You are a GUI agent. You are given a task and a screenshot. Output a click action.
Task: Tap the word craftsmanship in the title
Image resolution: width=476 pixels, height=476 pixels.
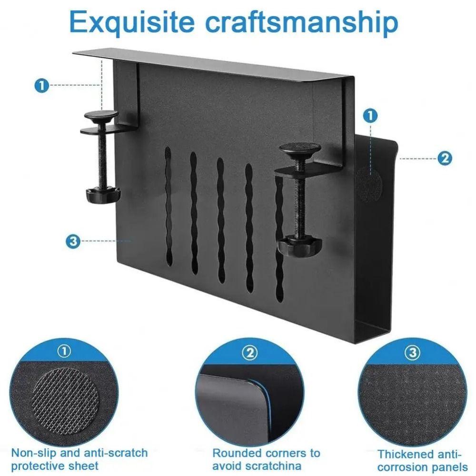(302, 21)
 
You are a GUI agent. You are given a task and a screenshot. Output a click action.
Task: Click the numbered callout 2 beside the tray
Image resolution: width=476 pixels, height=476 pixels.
(444, 158)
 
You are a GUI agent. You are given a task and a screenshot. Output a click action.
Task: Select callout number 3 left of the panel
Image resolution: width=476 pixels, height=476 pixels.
(72, 241)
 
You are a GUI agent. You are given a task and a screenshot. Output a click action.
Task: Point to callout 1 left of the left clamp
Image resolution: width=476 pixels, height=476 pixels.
(42, 86)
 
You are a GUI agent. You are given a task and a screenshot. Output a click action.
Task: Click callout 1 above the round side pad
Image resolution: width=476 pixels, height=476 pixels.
(370, 115)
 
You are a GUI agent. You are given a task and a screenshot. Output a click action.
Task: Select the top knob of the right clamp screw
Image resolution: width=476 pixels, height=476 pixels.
(299, 149)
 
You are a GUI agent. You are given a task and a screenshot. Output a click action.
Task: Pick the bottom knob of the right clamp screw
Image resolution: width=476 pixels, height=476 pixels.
(300, 245)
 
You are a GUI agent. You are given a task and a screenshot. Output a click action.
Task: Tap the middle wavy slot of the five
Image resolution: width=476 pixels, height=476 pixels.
(221, 219)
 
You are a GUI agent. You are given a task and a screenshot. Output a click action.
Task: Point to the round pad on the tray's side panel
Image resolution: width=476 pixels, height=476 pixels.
(370, 183)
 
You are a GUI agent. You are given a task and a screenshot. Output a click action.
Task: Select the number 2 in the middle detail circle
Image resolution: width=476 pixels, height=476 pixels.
(250, 353)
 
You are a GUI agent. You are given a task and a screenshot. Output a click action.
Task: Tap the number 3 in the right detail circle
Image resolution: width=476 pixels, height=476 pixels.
(412, 353)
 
